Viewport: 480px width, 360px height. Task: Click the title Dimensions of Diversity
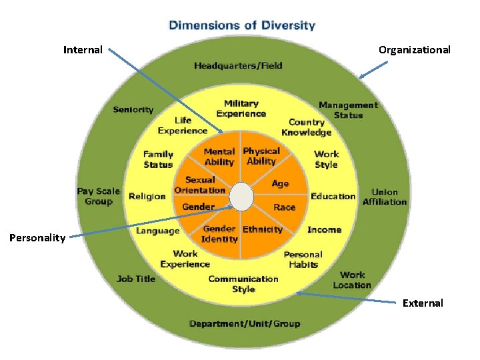click(x=241, y=26)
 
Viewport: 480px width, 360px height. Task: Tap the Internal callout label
click(x=83, y=50)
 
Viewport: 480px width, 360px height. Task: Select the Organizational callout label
click(x=414, y=50)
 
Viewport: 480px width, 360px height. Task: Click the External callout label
click(x=423, y=303)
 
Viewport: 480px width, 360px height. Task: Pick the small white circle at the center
click(x=241, y=196)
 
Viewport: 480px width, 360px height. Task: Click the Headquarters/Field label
click(x=238, y=65)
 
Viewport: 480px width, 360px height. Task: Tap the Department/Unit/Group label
click(x=244, y=324)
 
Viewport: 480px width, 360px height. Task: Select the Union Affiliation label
click(x=384, y=197)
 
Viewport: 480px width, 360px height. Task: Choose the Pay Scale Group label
click(x=98, y=196)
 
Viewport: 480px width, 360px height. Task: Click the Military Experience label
click(x=241, y=109)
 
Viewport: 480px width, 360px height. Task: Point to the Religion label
click(x=147, y=197)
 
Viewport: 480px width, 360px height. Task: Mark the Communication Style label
click(x=243, y=284)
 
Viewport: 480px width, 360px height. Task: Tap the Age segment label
click(x=281, y=183)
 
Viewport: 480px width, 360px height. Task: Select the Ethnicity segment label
click(x=263, y=229)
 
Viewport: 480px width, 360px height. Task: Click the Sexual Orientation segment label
click(x=200, y=185)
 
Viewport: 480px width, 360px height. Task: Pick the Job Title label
click(x=136, y=279)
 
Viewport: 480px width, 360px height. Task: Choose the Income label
click(x=324, y=230)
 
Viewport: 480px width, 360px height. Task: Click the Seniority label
click(x=133, y=110)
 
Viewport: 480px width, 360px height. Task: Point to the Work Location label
click(x=352, y=280)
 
